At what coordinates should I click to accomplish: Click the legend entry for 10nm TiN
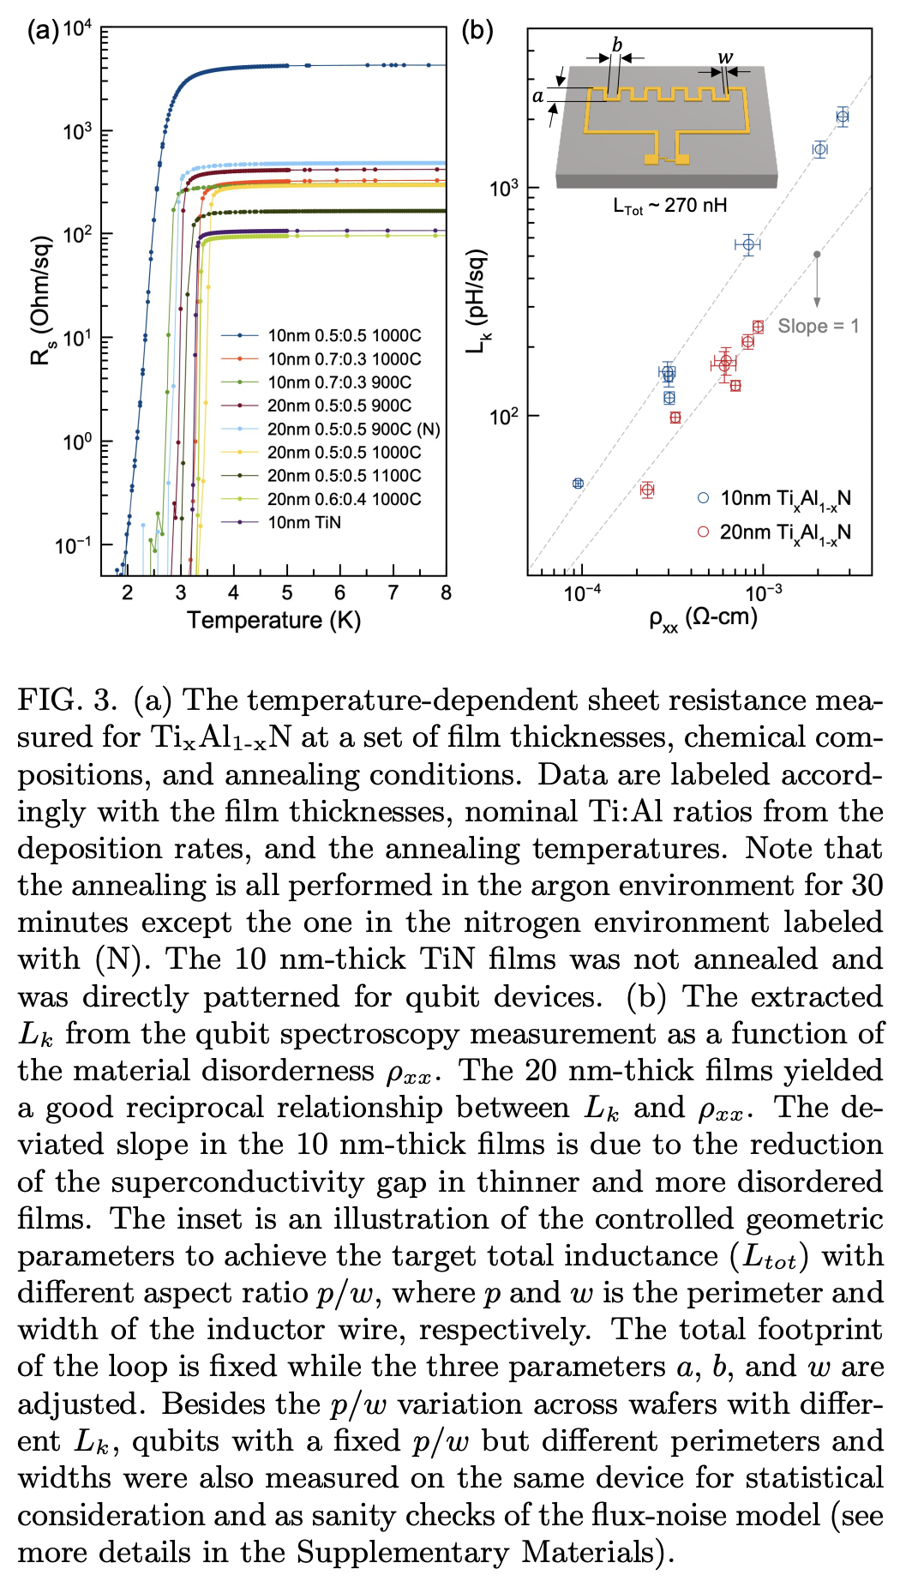pyautogui.click(x=303, y=522)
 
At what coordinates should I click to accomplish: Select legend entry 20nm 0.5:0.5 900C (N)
pyautogui.click(x=353, y=429)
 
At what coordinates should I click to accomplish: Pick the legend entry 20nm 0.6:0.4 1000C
pyautogui.click(x=344, y=499)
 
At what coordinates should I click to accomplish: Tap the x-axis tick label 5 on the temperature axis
pyautogui.click(x=286, y=592)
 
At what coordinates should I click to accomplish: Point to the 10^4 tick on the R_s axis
pyautogui.click(x=76, y=28)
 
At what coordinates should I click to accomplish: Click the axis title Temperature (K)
pyautogui.click(x=273, y=620)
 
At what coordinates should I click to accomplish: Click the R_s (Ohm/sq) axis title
pyautogui.click(x=40, y=300)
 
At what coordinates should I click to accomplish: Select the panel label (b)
pyautogui.click(x=477, y=31)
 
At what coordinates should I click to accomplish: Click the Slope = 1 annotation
pyautogui.click(x=818, y=326)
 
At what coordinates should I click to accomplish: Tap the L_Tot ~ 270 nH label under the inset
pyautogui.click(x=669, y=206)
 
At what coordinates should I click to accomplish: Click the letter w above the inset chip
pyautogui.click(x=725, y=58)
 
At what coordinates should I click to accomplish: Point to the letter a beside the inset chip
pyautogui.click(x=537, y=95)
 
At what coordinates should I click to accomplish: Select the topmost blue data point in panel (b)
pyautogui.click(x=843, y=117)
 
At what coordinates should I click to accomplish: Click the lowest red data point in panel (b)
pyautogui.click(x=647, y=490)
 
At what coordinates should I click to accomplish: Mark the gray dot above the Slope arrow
pyautogui.click(x=817, y=254)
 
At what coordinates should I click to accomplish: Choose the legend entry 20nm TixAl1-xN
pyautogui.click(x=784, y=532)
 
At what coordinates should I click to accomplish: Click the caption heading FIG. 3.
pyautogui.click(x=67, y=700)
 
